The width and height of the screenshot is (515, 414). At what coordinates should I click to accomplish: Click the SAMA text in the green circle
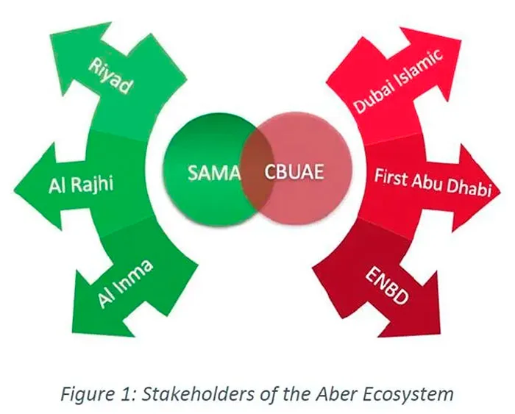209,174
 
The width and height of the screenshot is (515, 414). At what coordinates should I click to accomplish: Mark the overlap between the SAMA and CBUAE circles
257,174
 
